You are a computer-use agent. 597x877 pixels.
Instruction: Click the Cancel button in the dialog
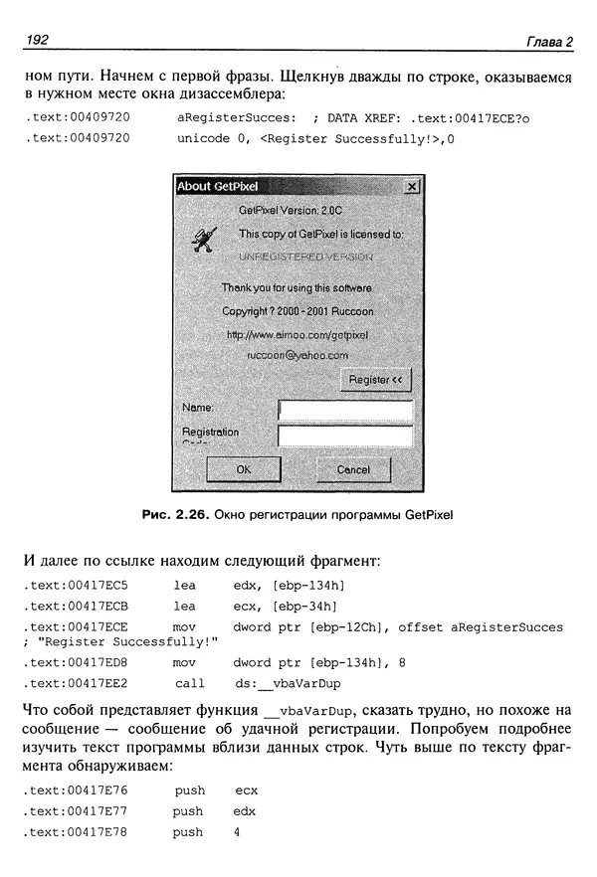(x=353, y=469)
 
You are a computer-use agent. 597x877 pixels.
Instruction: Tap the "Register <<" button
(x=375, y=380)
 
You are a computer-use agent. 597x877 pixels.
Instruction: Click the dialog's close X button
(x=412, y=187)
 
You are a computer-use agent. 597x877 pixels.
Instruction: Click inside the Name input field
(x=345, y=410)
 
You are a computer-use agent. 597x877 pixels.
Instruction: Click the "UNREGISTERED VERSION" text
(x=306, y=258)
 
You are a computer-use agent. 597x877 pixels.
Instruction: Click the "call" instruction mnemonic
(x=189, y=683)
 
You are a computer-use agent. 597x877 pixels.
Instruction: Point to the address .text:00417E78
(x=80, y=832)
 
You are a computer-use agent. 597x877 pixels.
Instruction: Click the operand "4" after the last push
(x=238, y=832)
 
